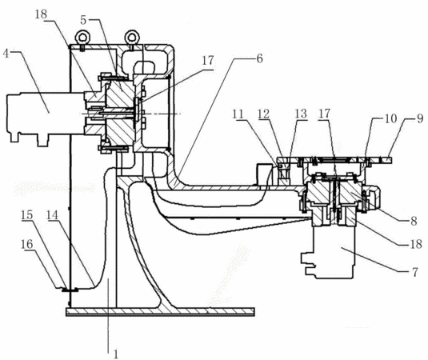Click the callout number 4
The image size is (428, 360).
(x=6, y=54)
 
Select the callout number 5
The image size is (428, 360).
(x=83, y=20)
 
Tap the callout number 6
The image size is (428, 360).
(x=259, y=58)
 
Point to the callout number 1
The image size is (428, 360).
(x=116, y=354)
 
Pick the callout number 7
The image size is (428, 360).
(x=414, y=272)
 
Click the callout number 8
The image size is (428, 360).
(x=414, y=221)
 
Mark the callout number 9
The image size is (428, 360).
(x=420, y=118)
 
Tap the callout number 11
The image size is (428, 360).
(x=238, y=114)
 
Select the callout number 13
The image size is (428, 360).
(x=301, y=114)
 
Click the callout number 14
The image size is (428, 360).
(x=53, y=215)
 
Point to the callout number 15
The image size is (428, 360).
(x=26, y=215)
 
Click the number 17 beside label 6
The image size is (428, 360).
(x=208, y=61)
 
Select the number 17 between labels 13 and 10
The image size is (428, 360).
(x=325, y=114)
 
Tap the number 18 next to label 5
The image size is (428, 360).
(x=42, y=14)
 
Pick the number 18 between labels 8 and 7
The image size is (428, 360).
(x=417, y=244)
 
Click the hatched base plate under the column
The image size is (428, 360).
(x=161, y=311)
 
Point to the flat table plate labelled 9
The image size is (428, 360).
(x=334, y=160)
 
